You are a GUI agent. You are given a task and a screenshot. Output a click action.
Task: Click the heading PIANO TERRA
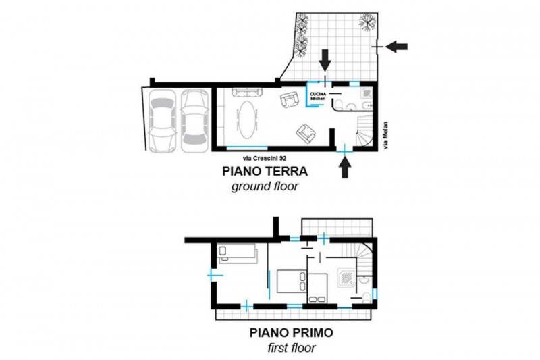tap(265, 171)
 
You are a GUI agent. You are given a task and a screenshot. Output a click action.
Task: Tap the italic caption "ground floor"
tap(265, 186)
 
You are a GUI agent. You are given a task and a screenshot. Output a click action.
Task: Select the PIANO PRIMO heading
tap(292, 333)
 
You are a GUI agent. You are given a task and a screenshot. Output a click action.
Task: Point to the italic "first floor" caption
tap(292, 348)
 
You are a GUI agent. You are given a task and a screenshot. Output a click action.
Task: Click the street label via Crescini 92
tap(265, 159)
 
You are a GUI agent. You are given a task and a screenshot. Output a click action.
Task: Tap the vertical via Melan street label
tap(385, 136)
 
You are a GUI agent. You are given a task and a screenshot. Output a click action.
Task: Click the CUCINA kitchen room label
tap(318, 96)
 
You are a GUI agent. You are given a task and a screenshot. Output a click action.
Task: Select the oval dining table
tap(246, 119)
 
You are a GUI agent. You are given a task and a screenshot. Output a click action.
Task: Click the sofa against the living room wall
tap(247, 92)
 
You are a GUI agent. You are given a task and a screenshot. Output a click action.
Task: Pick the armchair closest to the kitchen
tap(289, 100)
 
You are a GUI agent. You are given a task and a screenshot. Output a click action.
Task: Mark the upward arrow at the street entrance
tap(345, 167)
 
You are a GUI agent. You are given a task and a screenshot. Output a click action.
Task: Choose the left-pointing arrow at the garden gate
tap(396, 46)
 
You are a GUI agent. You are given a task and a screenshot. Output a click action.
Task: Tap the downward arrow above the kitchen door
tap(325, 60)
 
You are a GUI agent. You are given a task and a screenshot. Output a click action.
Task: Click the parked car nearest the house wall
tap(194, 122)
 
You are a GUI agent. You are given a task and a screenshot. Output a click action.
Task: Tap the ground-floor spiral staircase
tap(364, 131)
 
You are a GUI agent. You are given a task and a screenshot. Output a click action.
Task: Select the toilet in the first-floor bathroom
tap(367, 297)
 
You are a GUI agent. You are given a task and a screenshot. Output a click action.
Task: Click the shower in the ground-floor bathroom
tap(366, 93)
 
